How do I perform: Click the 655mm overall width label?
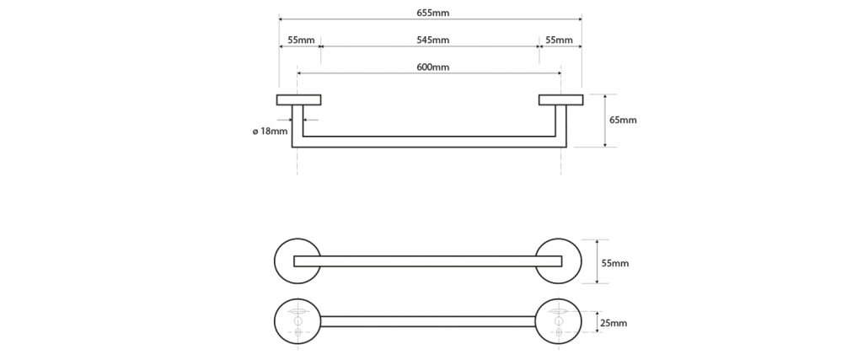coord(430,11)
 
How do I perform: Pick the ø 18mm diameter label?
coord(270,131)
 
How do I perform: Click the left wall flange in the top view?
coord(298,99)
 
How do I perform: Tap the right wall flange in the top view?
coord(560,99)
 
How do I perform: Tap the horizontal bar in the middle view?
coord(430,261)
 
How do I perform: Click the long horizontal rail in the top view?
coord(430,142)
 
